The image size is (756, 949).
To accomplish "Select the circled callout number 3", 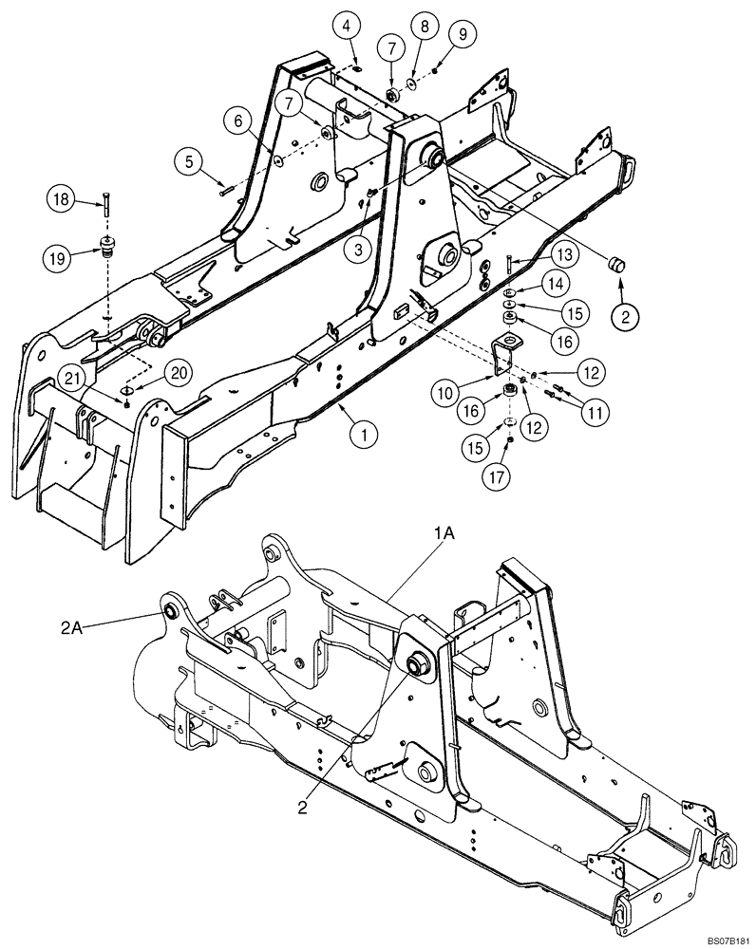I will tap(358, 249).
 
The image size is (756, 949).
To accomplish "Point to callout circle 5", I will tap(188, 162).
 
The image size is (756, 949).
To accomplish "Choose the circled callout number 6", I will tap(237, 121).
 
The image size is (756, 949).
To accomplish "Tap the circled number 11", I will tap(597, 413).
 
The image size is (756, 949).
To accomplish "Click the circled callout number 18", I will tap(60, 199).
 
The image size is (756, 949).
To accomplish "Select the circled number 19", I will tap(60, 255).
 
